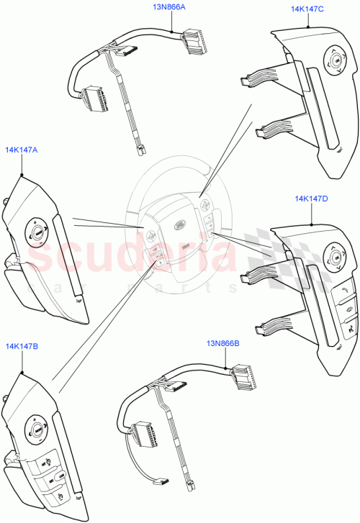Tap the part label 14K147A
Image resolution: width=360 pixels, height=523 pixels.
tap(22, 150)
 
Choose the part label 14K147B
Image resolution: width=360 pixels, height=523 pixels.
tap(22, 346)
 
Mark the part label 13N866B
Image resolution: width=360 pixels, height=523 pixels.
tap(223, 344)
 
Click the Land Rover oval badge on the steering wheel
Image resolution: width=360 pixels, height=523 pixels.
tap(181, 224)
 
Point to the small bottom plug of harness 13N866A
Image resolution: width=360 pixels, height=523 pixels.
tap(138, 152)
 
